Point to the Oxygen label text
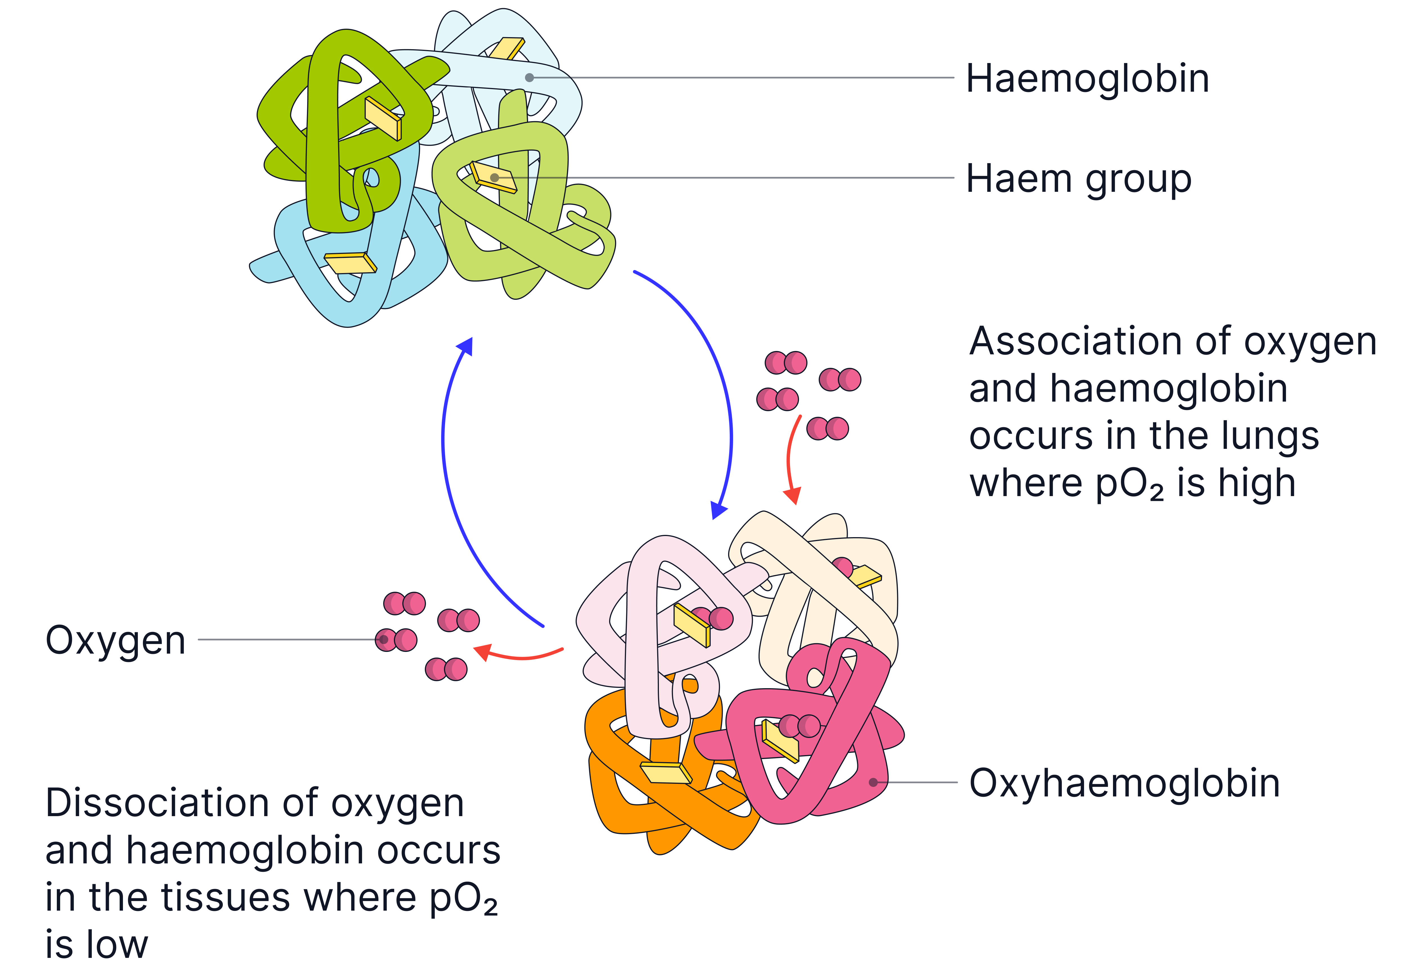[x=115, y=641]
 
